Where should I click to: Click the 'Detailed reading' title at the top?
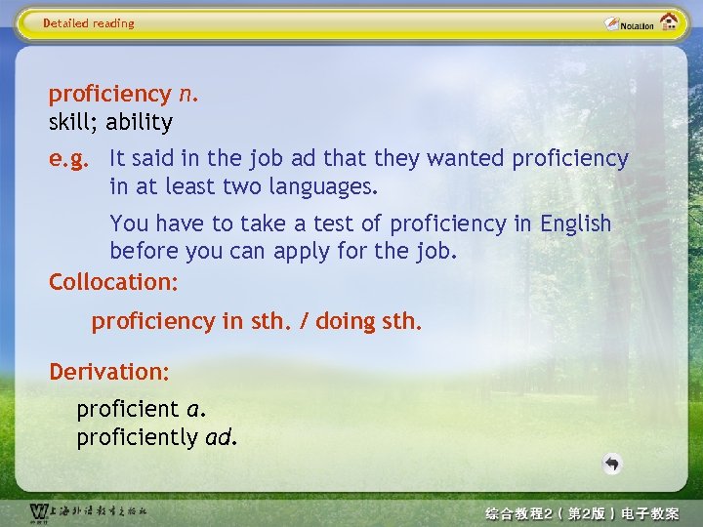tap(89, 23)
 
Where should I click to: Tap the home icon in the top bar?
tap(669, 22)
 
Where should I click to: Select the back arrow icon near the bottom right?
tap(612, 464)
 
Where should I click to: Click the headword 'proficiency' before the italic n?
tap(109, 95)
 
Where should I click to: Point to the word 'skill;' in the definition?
tap(74, 123)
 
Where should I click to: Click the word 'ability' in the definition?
tap(139, 123)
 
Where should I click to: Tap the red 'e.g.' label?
tap(73, 158)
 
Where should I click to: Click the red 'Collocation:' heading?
tap(113, 282)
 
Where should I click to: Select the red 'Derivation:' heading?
tap(109, 372)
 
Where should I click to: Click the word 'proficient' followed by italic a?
tap(128, 408)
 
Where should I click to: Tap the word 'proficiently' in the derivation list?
tap(137, 437)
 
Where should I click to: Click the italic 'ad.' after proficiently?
tap(221, 437)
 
